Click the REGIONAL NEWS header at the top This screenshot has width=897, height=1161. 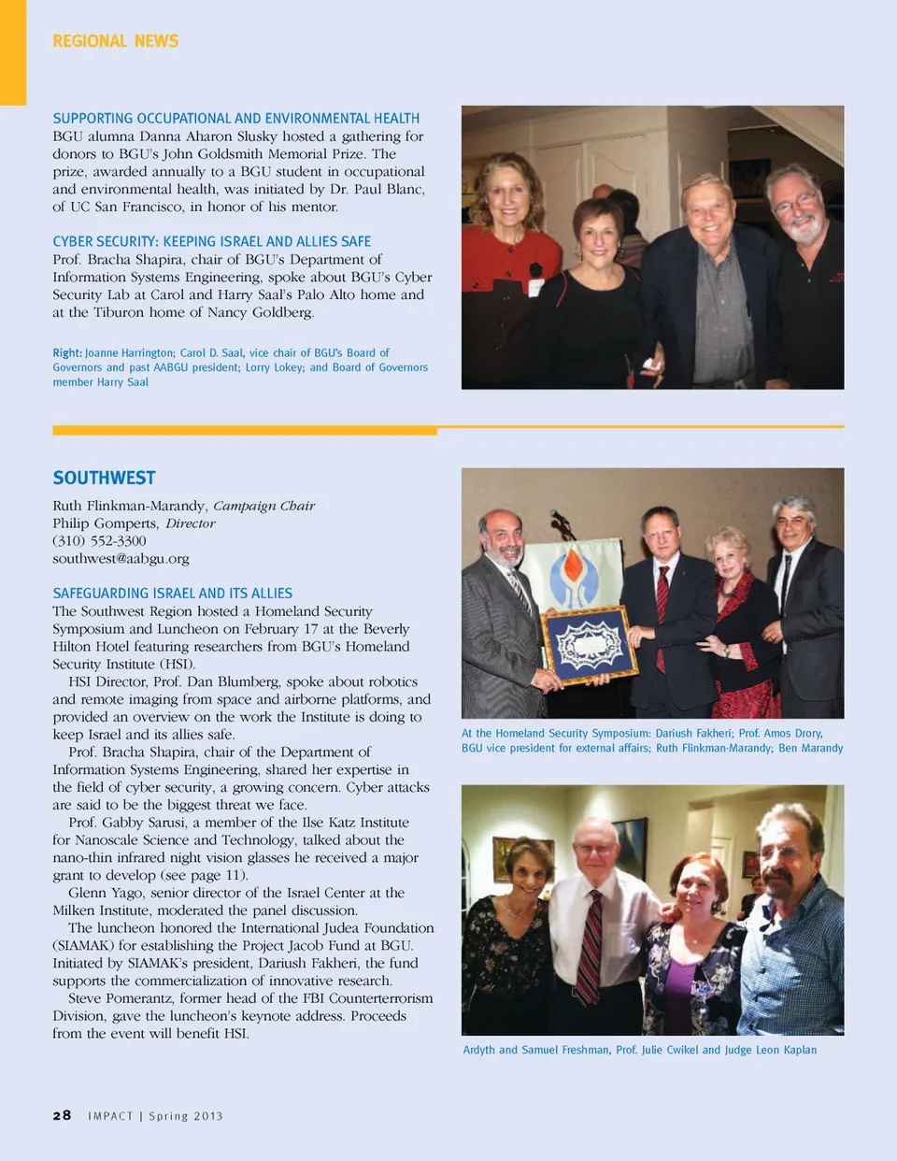[x=115, y=41]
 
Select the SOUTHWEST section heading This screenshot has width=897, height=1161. [x=104, y=478]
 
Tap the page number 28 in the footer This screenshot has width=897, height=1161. [x=62, y=1115]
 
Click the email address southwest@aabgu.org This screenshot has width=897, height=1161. [x=121, y=559]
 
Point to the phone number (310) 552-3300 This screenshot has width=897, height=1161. [x=99, y=541]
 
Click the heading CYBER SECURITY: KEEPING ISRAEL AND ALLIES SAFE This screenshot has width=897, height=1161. [x=211, y=241]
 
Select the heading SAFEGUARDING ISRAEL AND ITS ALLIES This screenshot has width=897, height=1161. [x=172, y=594]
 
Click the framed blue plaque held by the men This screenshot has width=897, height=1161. [x=589, y=644]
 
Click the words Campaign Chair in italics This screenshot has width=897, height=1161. [x=263, y=506]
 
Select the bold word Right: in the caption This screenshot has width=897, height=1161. [x=67, y=353]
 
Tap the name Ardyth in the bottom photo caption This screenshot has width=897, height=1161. [x=478, y=1050]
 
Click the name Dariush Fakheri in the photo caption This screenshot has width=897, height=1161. [x=692, y=734]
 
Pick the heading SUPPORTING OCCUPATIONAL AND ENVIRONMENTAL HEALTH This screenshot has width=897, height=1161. [x=235, y=119]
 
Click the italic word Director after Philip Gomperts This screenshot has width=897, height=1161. [x=191, y=523]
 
